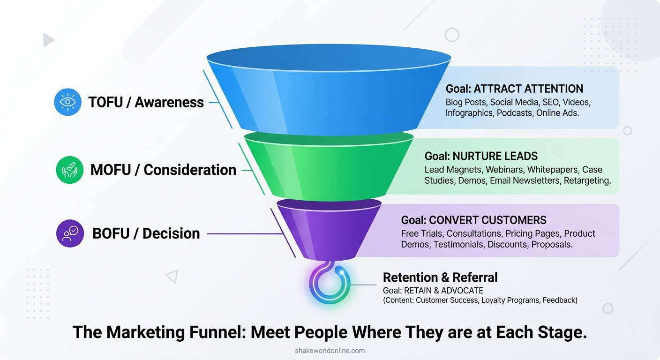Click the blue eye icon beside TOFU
tap(68, 102)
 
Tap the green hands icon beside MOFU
tap(70, 170)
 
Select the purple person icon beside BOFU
tap(70, 233)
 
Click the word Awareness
tap(169, 103)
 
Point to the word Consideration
tap(190, 170)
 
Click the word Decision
tap(171, 233)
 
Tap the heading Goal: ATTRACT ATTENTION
tap(514, 89)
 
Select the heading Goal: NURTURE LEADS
tap(481, 156)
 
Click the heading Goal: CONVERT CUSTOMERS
tap(474, 220)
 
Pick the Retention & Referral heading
tap(440, 277)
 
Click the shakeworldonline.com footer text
tap(330, 351)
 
